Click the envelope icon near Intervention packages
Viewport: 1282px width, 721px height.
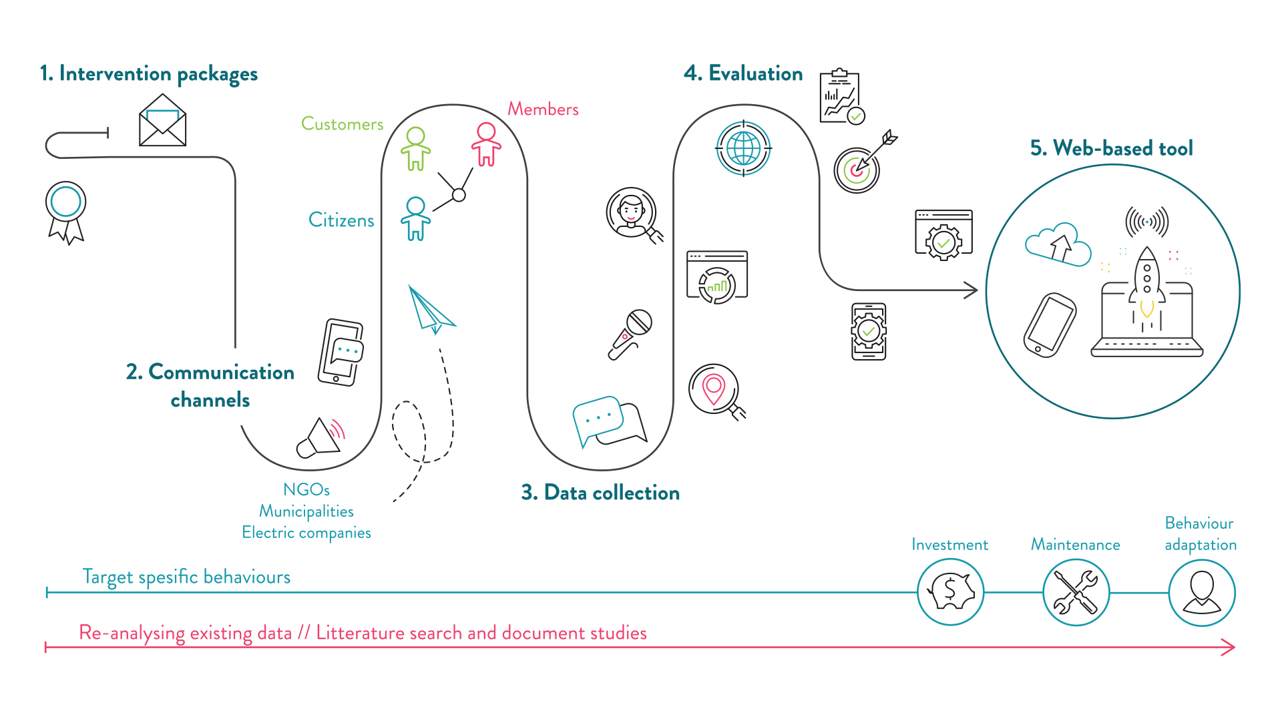coord(162,120)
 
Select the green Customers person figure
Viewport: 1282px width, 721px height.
coord(415,149)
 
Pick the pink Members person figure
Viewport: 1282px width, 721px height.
coord(486,144)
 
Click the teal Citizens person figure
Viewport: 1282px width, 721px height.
coord(415,218)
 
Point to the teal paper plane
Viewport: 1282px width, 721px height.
coord(431,310)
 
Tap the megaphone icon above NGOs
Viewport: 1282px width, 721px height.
coord(321,438)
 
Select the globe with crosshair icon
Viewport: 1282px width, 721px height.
coord(743,148)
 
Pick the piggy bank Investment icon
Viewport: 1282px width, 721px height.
coord(950,591)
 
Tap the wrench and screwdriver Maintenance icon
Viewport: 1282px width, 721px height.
coord(1076,592)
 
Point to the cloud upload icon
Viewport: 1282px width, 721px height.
coord(1058,244)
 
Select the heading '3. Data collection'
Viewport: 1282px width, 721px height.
coord(600,493)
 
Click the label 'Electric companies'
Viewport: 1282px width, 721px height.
coord(306,533)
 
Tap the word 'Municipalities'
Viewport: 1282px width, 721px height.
coord(306,511)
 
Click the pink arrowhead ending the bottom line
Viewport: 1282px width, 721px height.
coord(1229,647)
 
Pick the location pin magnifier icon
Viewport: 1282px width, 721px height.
coord(716,392)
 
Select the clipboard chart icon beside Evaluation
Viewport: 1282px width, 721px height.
coord(842,97)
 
